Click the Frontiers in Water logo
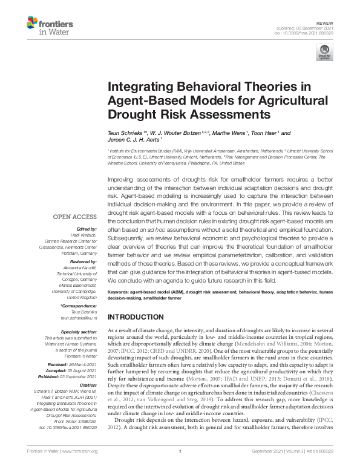click(x=50, y=27)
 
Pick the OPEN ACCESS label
click(x=75, y=216)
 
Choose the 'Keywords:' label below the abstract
click(x=119, y=292)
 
